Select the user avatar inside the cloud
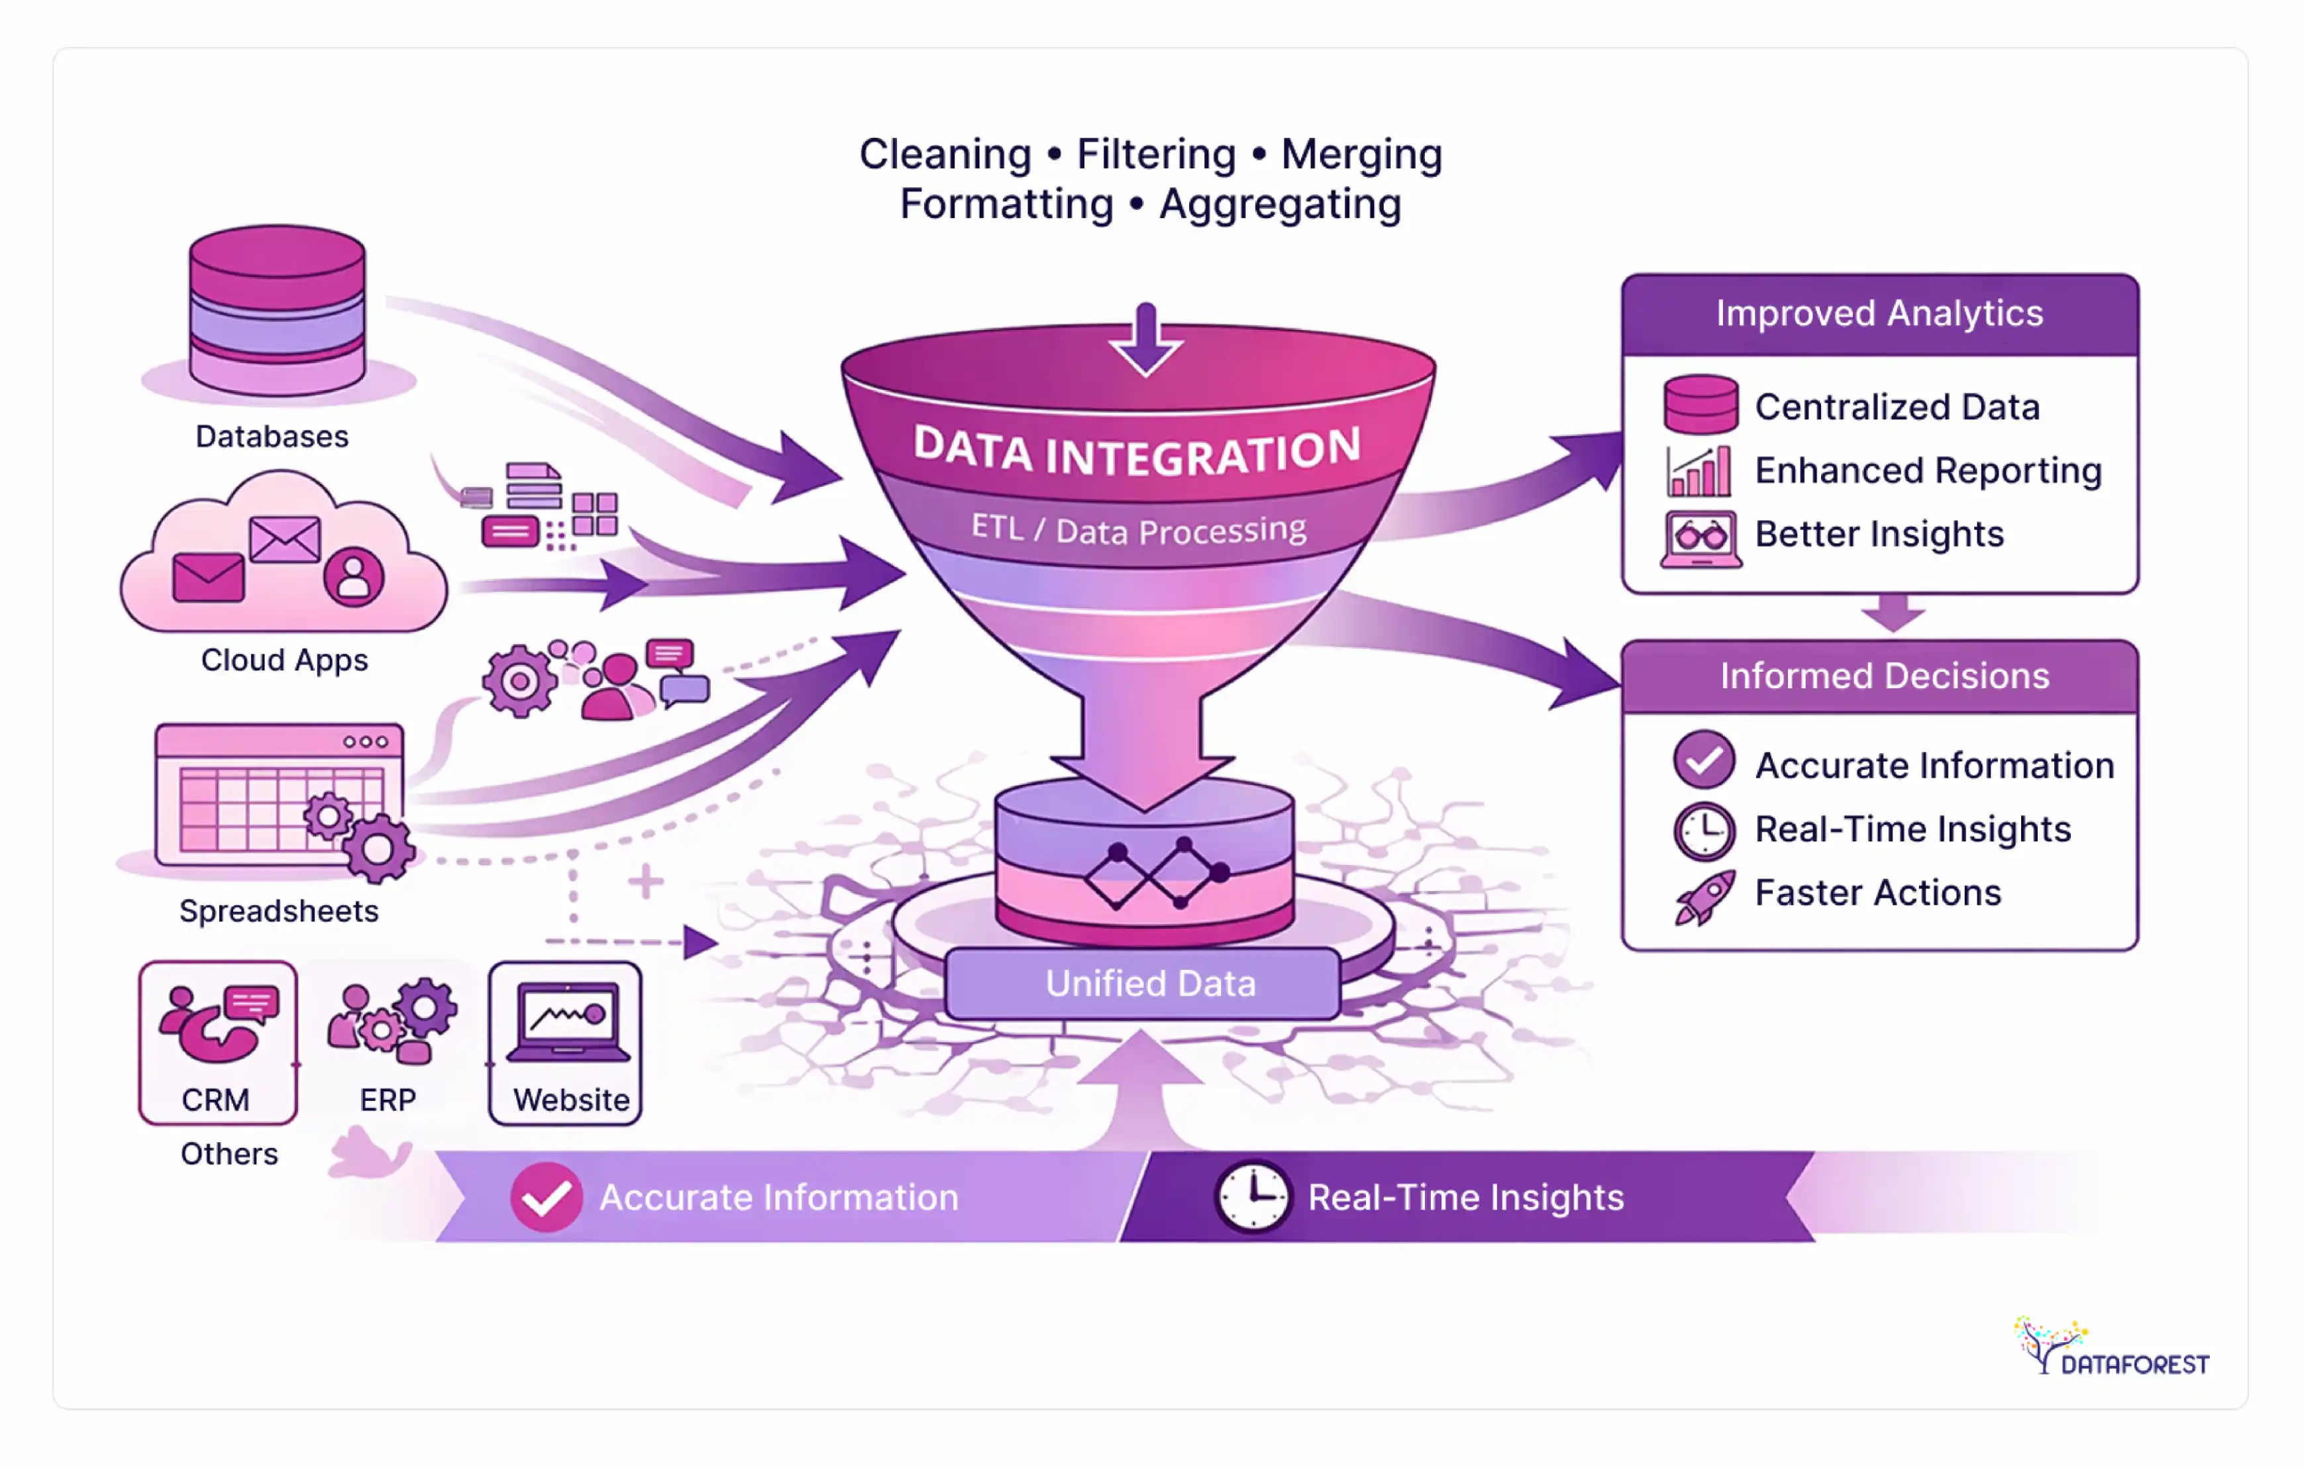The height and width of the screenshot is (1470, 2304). (353, 576)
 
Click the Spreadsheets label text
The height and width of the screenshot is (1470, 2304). (278, 910)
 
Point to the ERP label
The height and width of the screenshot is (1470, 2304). (388, 1100)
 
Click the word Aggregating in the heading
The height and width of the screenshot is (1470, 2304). (1281, 204)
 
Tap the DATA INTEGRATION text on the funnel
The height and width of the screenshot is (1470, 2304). (1137, 450)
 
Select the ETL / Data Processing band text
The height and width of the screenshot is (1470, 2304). (1139, 528)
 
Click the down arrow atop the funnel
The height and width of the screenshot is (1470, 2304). (1145, 340)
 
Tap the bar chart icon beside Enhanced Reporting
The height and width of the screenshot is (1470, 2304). (1699, 471)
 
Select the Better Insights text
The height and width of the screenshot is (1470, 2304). (1878, 534)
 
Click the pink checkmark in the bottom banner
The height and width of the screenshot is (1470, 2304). (547, 1196)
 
